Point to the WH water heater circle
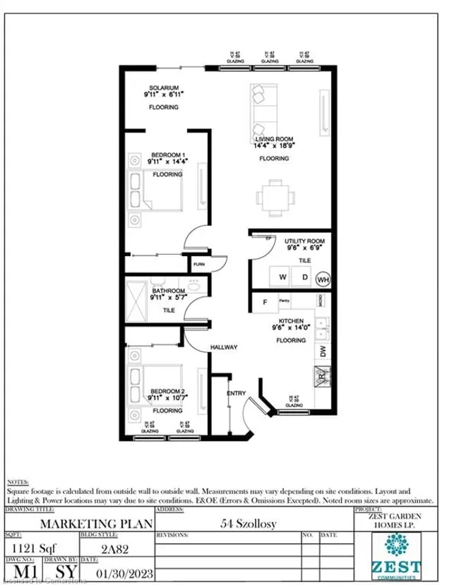click(323, 278)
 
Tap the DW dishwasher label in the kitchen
click(321, 351)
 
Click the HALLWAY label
click(222, 347)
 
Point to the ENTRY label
click(234, 393)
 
